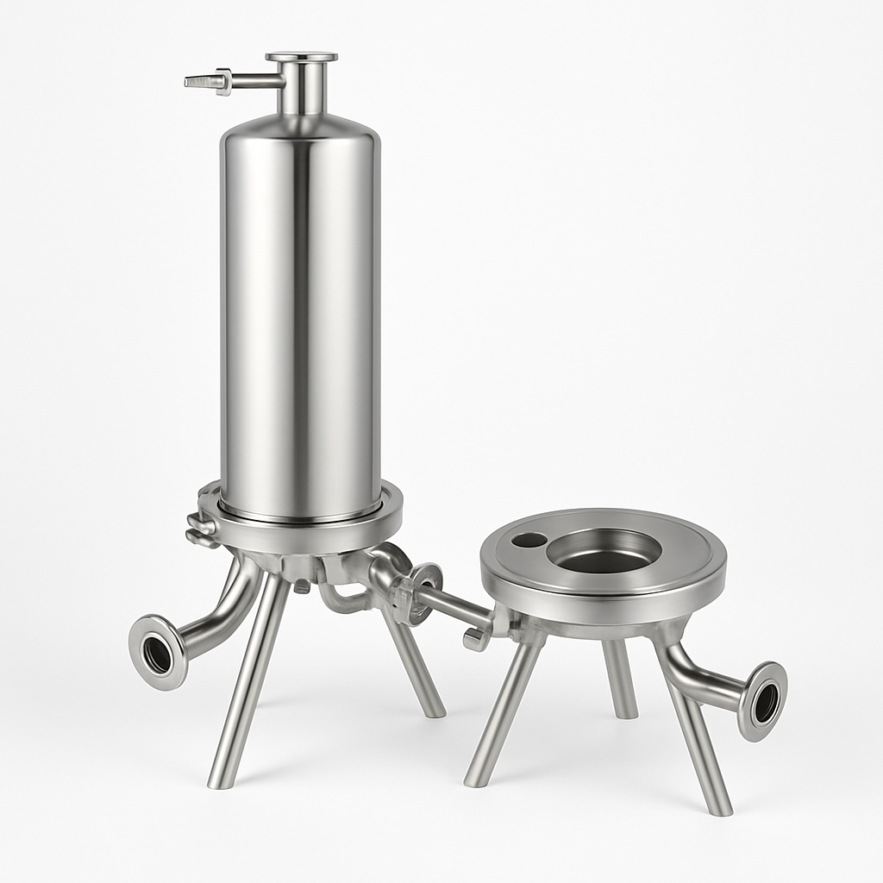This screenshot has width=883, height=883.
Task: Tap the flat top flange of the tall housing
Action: tap(301, 57)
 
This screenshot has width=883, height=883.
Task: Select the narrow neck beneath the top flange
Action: tap(301, 91)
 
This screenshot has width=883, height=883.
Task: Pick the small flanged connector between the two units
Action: tap(423, 591)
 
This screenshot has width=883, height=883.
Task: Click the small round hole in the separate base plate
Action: tap(528, 540)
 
